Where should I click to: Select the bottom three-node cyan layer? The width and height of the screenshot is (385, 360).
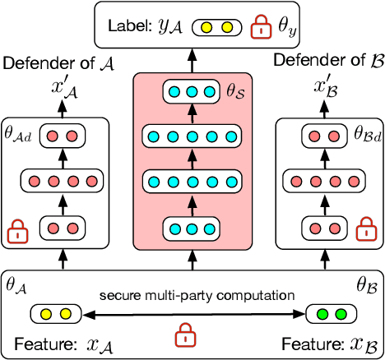pyautogui.click(x=192, y=224)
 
